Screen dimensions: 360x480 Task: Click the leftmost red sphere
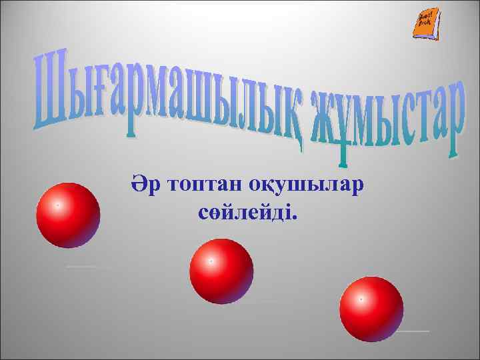pyautogui.click(x=68, y=215)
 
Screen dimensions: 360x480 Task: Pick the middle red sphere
pyautogui.click(x=221, y=271)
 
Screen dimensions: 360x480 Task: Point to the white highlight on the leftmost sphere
pyautogui.click(x=58, y=205)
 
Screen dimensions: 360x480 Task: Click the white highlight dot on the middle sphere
pyautogui.click(x=211, y=261)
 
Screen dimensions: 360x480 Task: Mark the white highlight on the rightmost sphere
pyautogui.click(x=361, y=299)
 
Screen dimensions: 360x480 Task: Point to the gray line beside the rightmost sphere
pyautogui.click(x=413, y=331)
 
